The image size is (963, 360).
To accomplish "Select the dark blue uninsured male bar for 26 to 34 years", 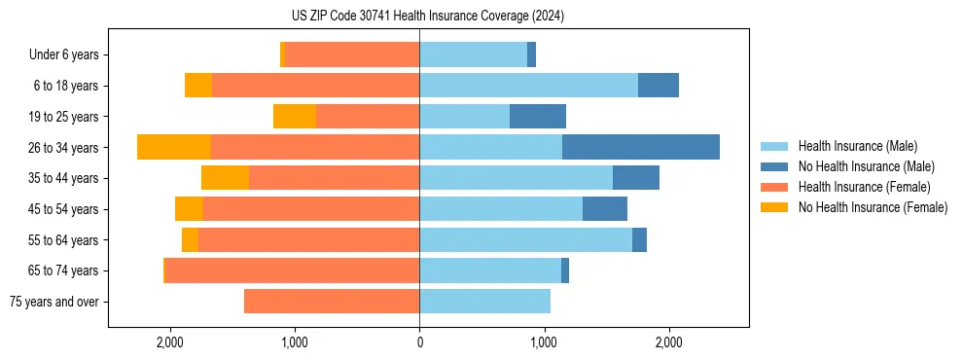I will (x=641, y=147).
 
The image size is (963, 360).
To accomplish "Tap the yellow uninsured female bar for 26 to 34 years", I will (x=174, y=147).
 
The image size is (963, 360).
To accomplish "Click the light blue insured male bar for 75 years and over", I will (x=484, y=302).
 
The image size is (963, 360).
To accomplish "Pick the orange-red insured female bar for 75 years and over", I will (x=332, y=302).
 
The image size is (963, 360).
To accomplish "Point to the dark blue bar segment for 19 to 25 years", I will (x=538, y=117).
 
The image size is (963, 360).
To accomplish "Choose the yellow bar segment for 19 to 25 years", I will (x=295, y=117).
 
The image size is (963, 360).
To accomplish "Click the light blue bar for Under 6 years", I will (x=473, y=54).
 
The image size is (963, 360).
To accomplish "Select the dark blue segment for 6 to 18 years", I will (x=659, y=86).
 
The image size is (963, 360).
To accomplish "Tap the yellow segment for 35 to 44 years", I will (x=225, y=178).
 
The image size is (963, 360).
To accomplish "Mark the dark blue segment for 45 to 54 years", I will (x=605, y=209).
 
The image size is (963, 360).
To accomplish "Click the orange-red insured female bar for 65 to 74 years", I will (x=292, y=270).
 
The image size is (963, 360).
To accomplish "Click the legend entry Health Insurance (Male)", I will (x=857, y=146).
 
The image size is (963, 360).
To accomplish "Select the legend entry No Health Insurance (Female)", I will (x=873, y=207).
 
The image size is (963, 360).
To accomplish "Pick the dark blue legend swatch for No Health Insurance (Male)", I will (x=774, y=166).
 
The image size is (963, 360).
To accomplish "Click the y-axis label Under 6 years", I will (x=64, y=54).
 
